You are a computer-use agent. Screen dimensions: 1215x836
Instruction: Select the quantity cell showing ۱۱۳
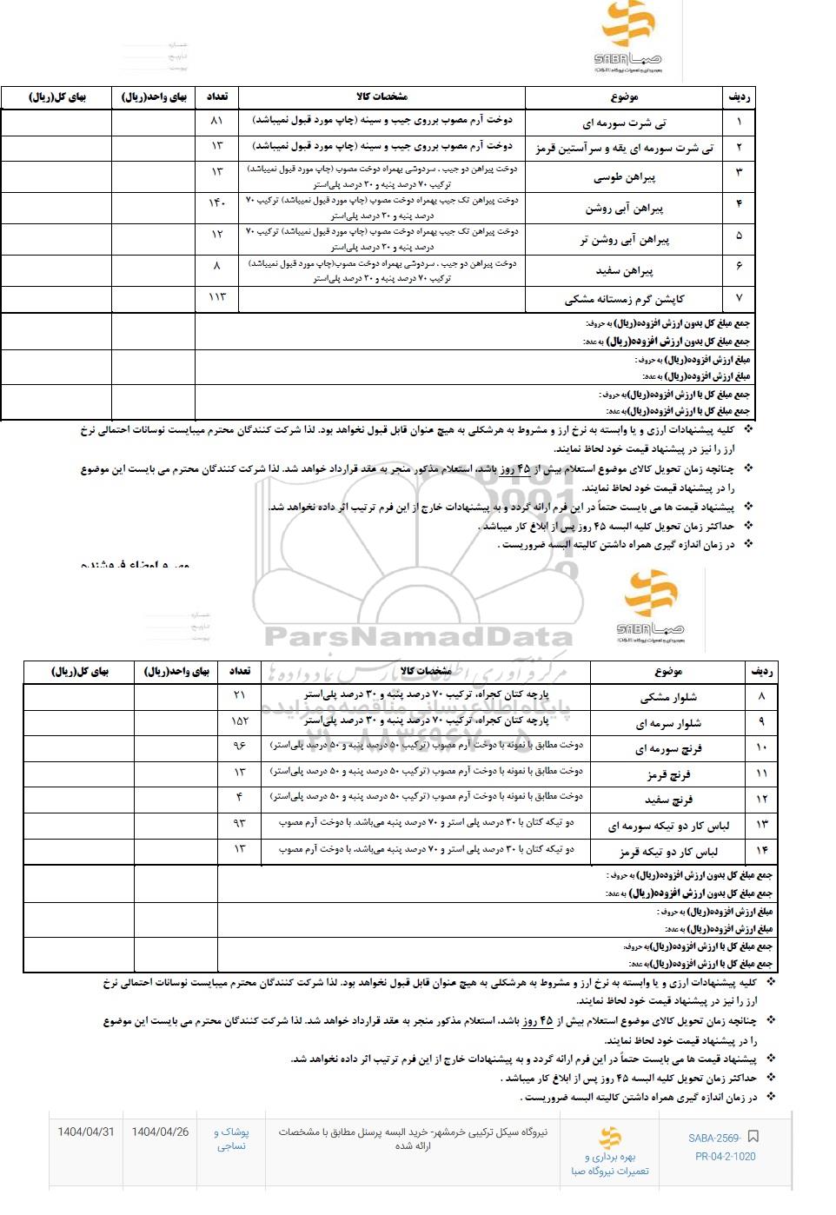pyautogui.click(x=216, y=297)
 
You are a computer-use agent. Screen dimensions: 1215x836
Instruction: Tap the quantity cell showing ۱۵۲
pyautogui.click(x=240, y=720)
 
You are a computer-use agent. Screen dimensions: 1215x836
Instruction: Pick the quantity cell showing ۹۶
pyautogui.click(x=240, y=746)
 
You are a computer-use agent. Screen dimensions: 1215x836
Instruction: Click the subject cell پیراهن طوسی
pyautogui.click(x=624, y=177)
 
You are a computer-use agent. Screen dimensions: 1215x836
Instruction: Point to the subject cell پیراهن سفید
pyautogui.click(x=624, y=271)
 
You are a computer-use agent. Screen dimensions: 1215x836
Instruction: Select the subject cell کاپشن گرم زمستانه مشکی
pyautogui.click(x=624, y=299)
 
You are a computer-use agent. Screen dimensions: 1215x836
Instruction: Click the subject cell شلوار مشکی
pyautogui.click(x=668, y=697)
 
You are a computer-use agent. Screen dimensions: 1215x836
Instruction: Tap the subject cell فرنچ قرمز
pyautogui.click(x=668, y=773)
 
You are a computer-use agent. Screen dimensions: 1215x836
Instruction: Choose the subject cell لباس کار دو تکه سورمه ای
pyautogui.click(x=668, y=826)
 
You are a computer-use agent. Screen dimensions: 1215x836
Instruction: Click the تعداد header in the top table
pyautogui.click(x=216, y=96)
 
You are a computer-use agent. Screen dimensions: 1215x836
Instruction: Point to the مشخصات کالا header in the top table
pyautogui.click(x=382, y=96)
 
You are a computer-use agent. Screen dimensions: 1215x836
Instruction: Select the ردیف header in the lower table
pyautogui.click(x=761, y=671)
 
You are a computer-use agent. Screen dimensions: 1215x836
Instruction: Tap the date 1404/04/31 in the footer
pyautogui.click(x=85, y=1132)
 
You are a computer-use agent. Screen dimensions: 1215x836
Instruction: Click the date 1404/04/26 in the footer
pyautogui.click(x=160, y=1132)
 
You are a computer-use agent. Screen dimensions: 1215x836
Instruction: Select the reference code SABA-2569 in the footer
pyautogui.click(x=714, y=1138)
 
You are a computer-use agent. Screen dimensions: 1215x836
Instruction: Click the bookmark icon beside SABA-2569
pyautogui.click(x=753, y=1137)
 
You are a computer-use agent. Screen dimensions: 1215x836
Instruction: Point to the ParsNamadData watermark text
pyautogui.click(x=418, y=637)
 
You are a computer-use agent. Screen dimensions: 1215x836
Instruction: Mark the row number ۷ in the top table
pyautogui.click(x=739, y=298)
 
